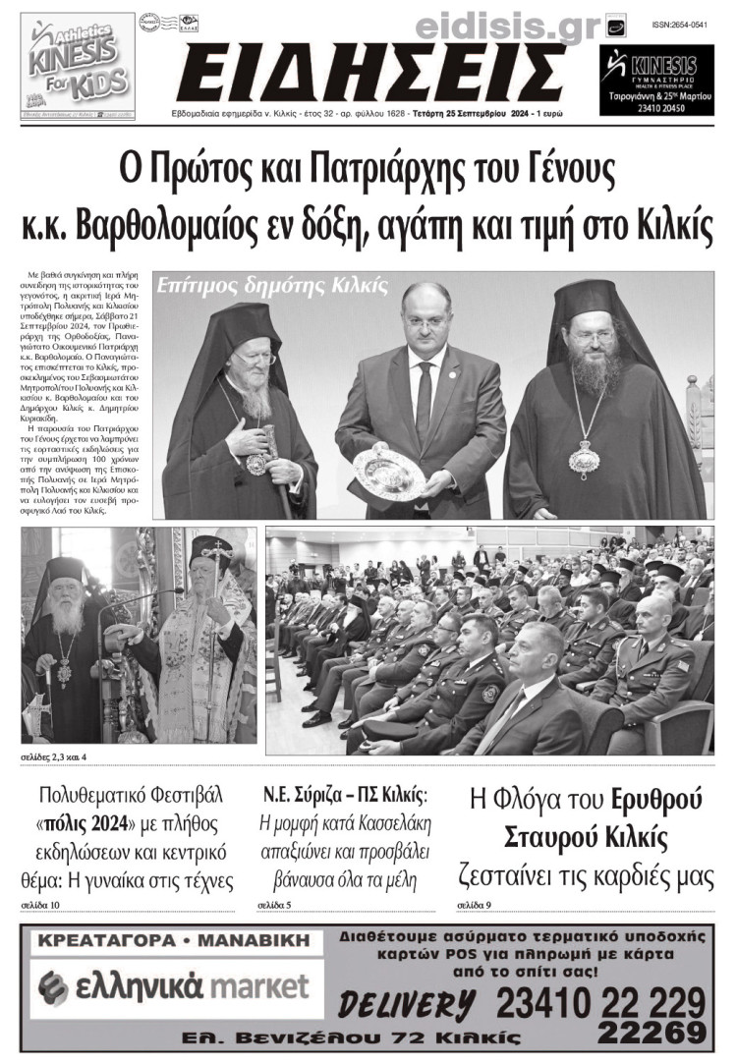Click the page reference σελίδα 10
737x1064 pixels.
point(40,904)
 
